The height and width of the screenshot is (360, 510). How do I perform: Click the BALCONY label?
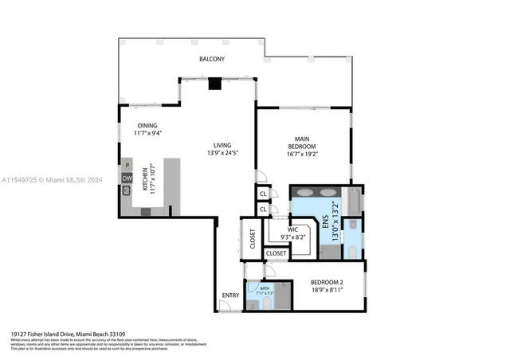[212, 60]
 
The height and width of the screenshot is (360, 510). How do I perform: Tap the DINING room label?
[147, 125]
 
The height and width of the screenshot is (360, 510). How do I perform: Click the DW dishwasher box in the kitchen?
[127, 178]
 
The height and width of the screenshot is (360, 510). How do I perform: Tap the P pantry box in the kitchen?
[127, 166]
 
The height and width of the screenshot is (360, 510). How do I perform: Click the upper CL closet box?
[262, 194]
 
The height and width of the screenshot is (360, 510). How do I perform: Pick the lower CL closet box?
[262, 209]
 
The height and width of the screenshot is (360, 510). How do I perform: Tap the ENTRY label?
[230, 295]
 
